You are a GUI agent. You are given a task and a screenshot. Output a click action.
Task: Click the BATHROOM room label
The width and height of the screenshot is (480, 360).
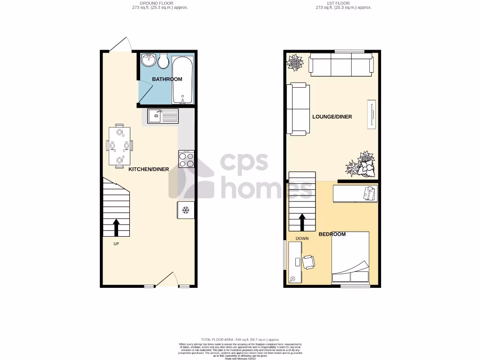pyautogui.click(x=167, y=79)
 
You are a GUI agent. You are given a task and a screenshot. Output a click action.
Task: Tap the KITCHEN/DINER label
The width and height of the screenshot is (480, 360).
pyautogui.click(x=149, y=169)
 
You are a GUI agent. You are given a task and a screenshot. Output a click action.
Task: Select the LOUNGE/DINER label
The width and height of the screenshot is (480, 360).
pyautogui.click(x=332, y=117)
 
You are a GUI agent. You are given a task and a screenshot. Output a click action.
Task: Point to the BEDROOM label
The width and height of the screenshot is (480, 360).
pyautogui.click(x=332, y=234)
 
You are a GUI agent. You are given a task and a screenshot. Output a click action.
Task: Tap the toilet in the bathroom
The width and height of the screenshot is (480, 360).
pyautogui.click(x=164, y=61)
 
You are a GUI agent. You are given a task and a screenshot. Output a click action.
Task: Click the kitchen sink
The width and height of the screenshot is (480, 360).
pyautogui.click(x=163, y=115)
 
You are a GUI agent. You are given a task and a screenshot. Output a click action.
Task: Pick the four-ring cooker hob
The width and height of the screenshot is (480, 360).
pyautogui.click(x=186, y=158)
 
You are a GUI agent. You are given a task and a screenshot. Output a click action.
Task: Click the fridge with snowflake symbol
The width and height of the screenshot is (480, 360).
pyautogui.click(x=185, y=210)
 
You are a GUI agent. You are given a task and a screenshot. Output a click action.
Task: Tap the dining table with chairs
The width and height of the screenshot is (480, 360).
pyautogui.click(x=119, y=145)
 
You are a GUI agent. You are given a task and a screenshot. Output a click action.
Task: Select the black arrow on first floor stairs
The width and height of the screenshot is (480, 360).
pyautogui.click(x=302, y=222)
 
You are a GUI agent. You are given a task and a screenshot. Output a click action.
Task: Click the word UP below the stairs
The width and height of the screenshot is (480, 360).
pyautogui.click(x=116, y=244)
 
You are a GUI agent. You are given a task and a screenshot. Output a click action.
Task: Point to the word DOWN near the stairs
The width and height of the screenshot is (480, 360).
pyautogui.click(x=302, y=239)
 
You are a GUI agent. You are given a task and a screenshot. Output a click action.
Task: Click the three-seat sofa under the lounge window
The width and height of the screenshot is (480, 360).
pyautogui.click(x=341, y=65)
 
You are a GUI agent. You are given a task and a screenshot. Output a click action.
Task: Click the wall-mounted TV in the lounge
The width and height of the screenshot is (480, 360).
pyautogui.click(x=372, y=114)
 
